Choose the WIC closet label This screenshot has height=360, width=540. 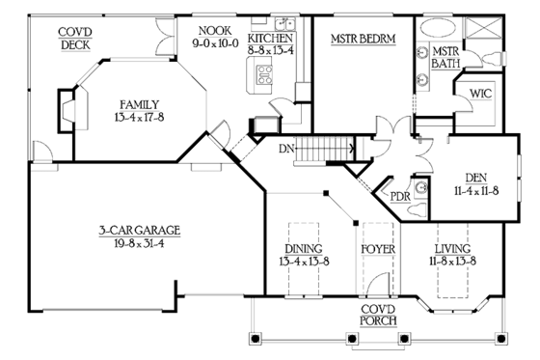tap(480, 95)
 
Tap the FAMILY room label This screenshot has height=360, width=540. tap(140, 104)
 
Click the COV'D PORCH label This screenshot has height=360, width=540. tap(371, 314)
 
